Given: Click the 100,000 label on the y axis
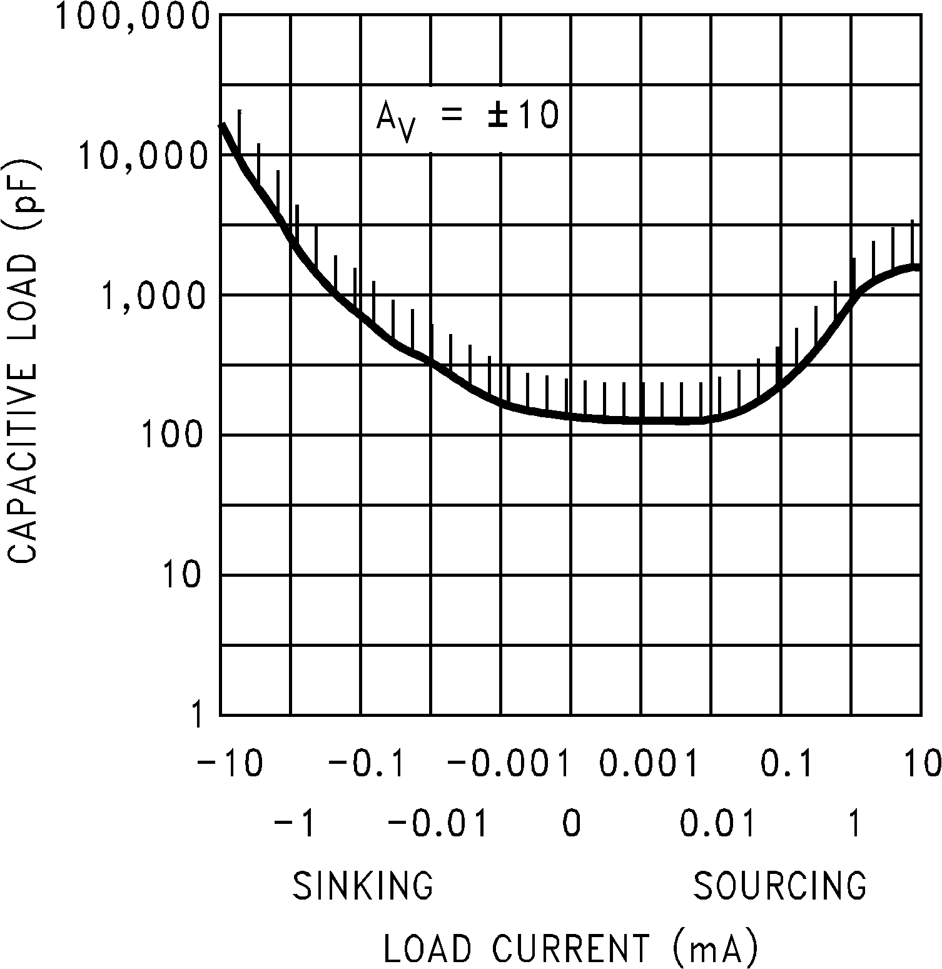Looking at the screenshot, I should coord(132,18).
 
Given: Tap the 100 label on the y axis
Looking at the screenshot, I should coord(173,435).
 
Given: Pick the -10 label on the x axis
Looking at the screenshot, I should coord(230,764).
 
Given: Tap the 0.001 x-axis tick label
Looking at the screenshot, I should coord(648,764).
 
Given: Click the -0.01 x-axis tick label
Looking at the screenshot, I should coord(438,825).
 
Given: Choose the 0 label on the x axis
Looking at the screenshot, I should coord(572,825).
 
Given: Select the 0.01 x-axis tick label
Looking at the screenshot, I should coord(717,825).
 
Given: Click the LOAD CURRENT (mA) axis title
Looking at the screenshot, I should coord(571,948).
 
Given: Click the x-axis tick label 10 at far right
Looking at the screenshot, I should coord(923,764).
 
